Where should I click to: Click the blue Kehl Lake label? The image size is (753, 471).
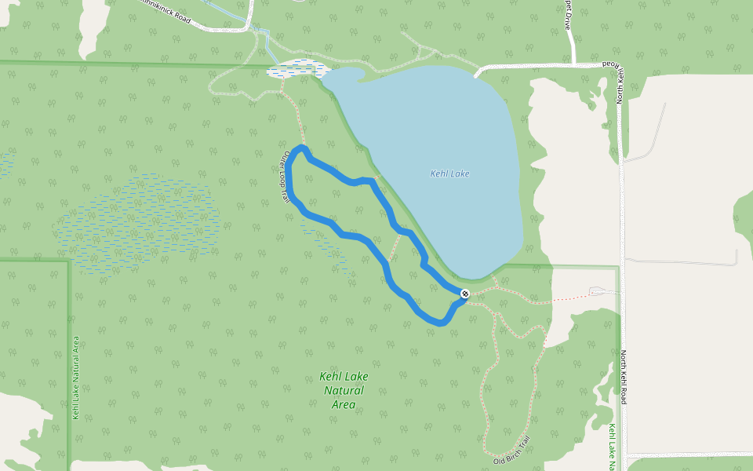[449, 173]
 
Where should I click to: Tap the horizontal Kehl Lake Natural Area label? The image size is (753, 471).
[344, 390]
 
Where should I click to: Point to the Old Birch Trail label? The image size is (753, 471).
[512, 450]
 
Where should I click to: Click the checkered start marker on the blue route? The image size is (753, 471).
[465, 294]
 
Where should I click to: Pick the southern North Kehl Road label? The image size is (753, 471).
[625, 377]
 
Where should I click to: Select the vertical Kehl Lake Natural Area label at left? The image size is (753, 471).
[75, 378]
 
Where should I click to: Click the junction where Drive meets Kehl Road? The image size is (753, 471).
[573, 64]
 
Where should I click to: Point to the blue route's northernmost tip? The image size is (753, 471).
[302, 148]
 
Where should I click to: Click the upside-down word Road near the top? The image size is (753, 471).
[609, 64]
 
